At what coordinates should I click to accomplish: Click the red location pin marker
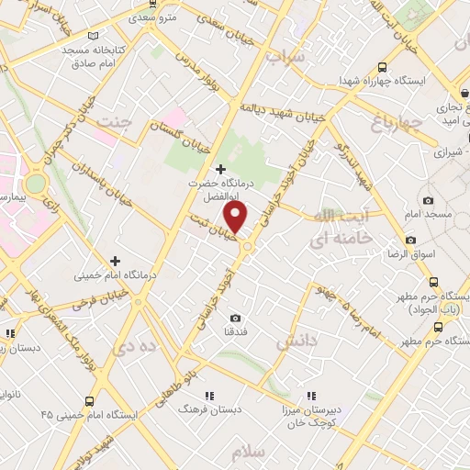click(236, 218)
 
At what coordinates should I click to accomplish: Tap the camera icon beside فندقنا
click(236, 318)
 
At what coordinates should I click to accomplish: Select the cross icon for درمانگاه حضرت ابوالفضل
click(219, 169)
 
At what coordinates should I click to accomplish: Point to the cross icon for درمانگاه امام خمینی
click(116, 261)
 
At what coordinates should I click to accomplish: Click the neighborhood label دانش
click(297, 341)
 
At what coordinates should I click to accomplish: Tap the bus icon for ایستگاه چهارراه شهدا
click(382, 66)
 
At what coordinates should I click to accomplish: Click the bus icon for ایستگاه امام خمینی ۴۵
click(89, 400)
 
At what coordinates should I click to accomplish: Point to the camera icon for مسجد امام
click(428, 200)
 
